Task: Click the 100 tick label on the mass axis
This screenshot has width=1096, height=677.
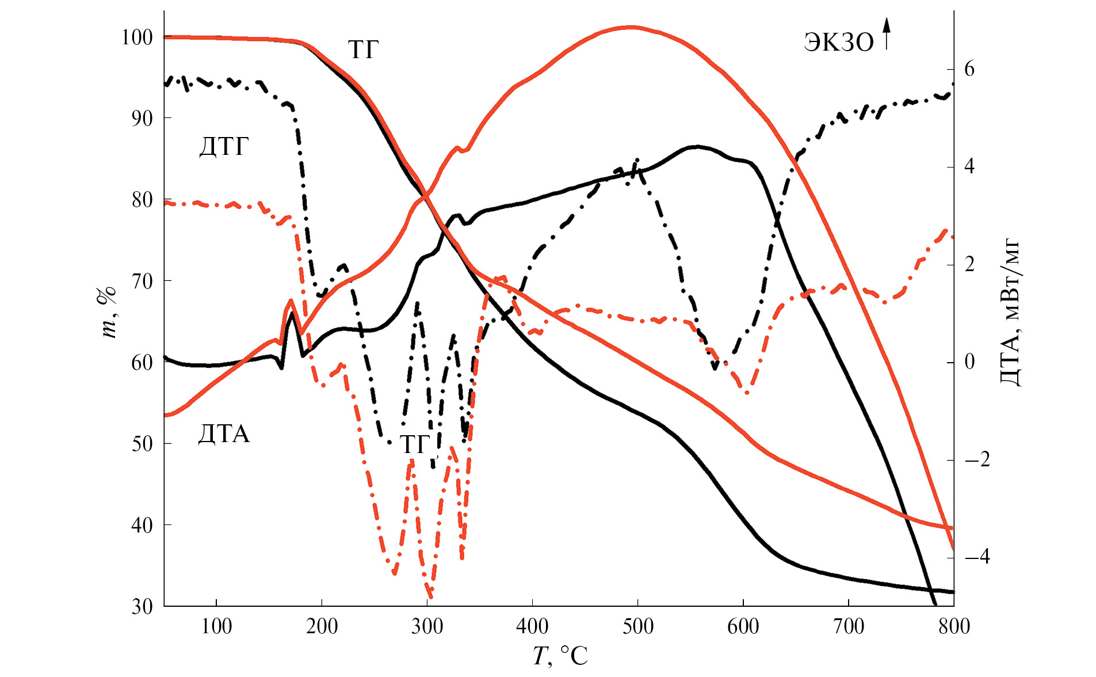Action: coord(137,38)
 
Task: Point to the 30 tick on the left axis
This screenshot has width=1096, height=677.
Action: coord(142,607)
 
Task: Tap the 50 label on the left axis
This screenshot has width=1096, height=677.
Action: coord(142,444)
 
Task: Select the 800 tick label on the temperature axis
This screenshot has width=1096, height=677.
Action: coord(954,627)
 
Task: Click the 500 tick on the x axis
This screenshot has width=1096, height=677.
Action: coord(637,627)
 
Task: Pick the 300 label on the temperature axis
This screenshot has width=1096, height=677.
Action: coord(427,627)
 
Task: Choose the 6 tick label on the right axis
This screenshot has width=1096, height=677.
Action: coord(969,70)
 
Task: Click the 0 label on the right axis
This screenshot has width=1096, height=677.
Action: coord(970,362)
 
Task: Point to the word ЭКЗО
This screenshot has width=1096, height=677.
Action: coord(838,43)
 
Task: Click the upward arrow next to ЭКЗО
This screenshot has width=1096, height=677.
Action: coord(887,33)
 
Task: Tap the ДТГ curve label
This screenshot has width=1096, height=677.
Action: coord(224,147)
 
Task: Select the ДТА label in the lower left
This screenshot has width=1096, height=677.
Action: coord(224,434)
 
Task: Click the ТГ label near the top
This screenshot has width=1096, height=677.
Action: coord(363,50)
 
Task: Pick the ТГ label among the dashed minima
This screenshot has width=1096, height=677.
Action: coord(415,444)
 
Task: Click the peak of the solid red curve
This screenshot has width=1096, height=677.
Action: coord(631,27)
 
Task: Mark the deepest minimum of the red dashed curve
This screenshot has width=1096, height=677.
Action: coord(430,598)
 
